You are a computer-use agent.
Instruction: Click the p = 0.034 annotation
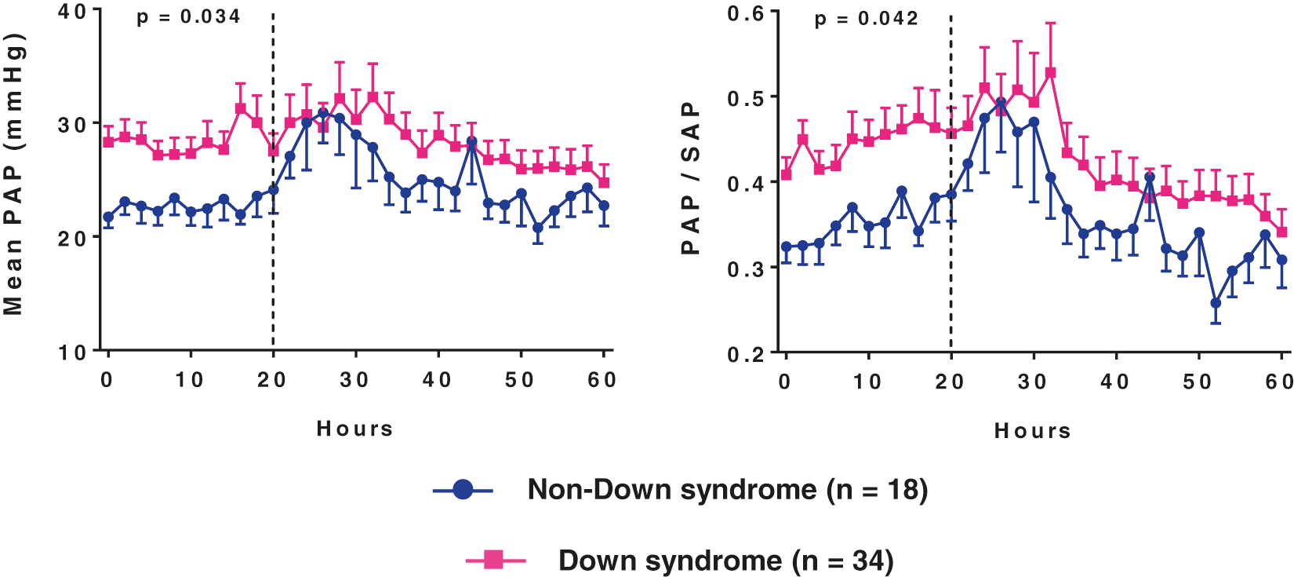pyautogui.click(x=188, y=16)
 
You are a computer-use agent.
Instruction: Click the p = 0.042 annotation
pyautogui.click(x=866, y=18)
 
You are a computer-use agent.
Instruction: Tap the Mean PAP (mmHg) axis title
pyautogui.click(x=13, y=174)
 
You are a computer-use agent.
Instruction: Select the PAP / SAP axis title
pyautogui.click(x=689, y=177)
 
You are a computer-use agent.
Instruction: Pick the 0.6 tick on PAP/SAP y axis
pyautogui.click(x=746, y=13)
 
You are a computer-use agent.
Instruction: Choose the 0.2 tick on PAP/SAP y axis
pyautogui.click(x=746, y=354)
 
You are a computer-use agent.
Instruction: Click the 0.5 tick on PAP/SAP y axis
pyautogui.click(x=746, y=98)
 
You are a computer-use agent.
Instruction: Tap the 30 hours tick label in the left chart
pyautogui.click(x=354, y=380)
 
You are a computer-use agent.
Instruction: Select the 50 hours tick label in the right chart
pyautogui.click(x=1198, y=382)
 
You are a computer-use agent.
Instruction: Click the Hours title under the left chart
pyautogui.click(x=354, y=429)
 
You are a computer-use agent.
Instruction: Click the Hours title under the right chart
pyautogui.click(x=1032, y=431)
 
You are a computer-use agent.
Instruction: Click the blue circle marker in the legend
pyautogui.click(x=463, y=490)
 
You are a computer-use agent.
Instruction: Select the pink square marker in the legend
pyautogui.click(x=494, y=560)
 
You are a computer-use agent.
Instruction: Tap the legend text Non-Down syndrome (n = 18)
pyautogui.click(x=727, y=490)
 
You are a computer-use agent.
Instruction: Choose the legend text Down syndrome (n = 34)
pyautogui.click(x=725, y=561)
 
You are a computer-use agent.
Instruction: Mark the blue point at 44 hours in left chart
pyautogui.click(x=471, y=141)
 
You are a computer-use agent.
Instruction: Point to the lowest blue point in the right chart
pyautogui.click(x=1216, y=303)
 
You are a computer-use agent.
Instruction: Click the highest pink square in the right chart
pyautogui.click(x=1051, y=72)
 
